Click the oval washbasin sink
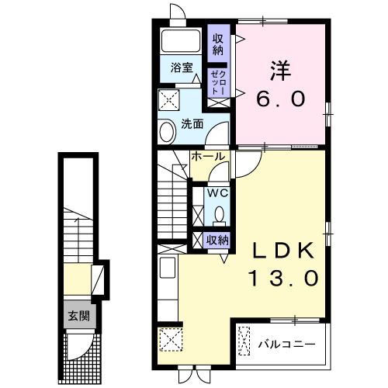pyautogui.click(x=168, y=132)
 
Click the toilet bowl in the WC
pyautogui.click(x=220, y=214)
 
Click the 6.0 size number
pyautogui.click(x=281, y=99)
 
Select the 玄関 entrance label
pyautogui.click(x=77, y=316)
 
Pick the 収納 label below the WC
pyautogui.click(x=218, y=240)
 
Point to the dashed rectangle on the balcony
pyautogui.click(x=245, y=341)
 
